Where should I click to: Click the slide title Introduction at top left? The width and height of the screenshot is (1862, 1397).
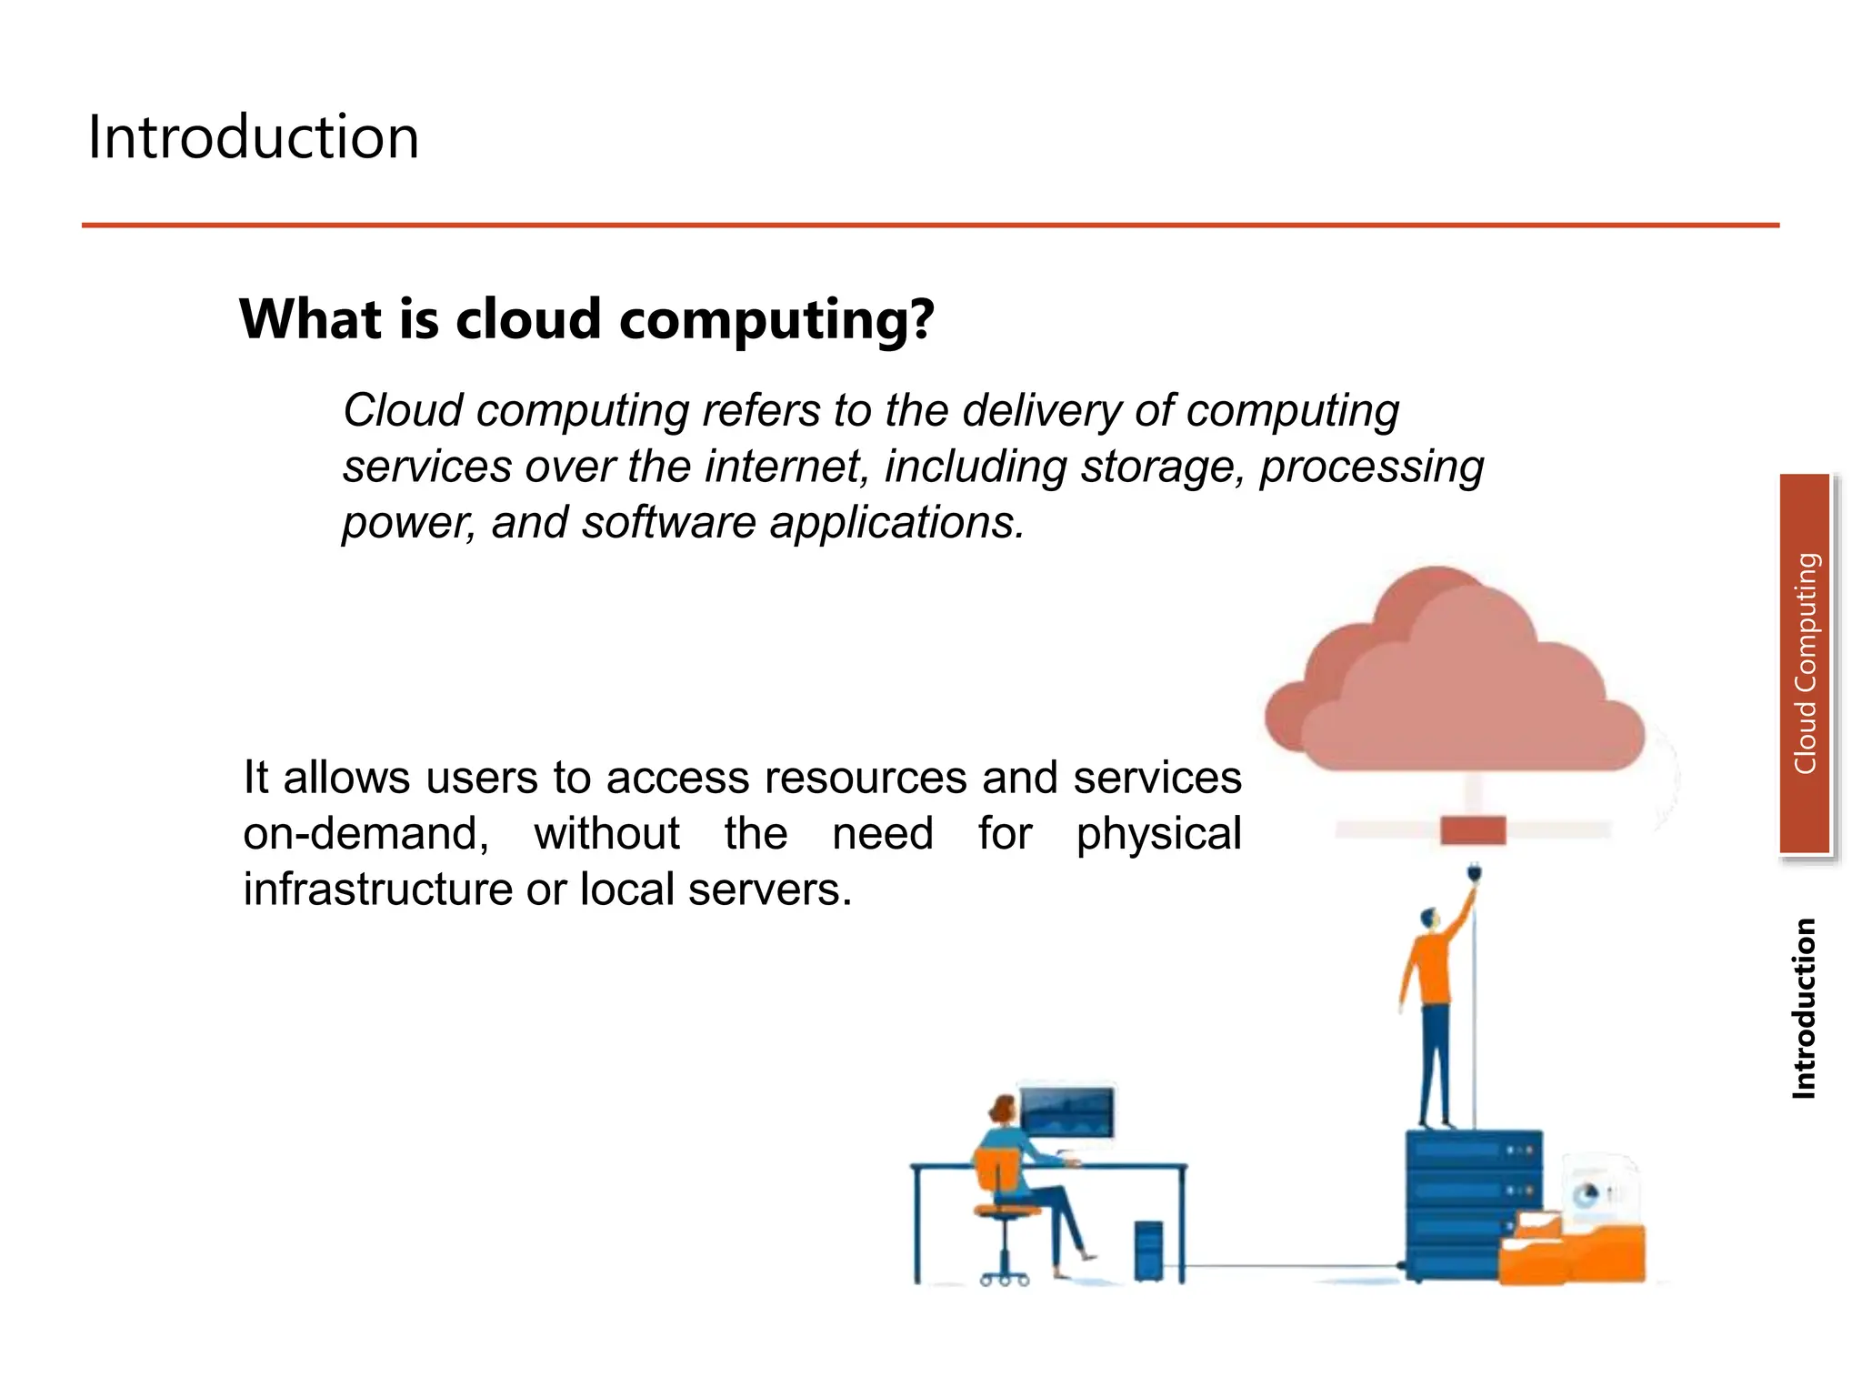click(x=253, y=137)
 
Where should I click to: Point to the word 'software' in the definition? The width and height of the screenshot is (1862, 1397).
click(x=668, y=523)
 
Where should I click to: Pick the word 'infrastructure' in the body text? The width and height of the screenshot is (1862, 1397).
click(x=377, y=889)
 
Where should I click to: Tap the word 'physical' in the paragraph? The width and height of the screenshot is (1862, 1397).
click(x=1158, y=834)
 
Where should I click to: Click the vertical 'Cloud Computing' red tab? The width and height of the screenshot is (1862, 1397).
click(x=1805, y=664)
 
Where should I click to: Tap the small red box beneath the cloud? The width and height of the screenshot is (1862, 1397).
click(x=1473, y=830)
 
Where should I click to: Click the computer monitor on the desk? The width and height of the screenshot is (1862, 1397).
click(x=1066, y=1111)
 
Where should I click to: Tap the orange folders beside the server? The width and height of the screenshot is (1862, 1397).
click(x=1573, y=1251)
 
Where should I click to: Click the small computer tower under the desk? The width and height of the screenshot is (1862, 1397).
click(x=1148, y=1251)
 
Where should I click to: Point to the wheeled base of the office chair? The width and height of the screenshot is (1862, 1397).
click(x=1004, y=1276)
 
